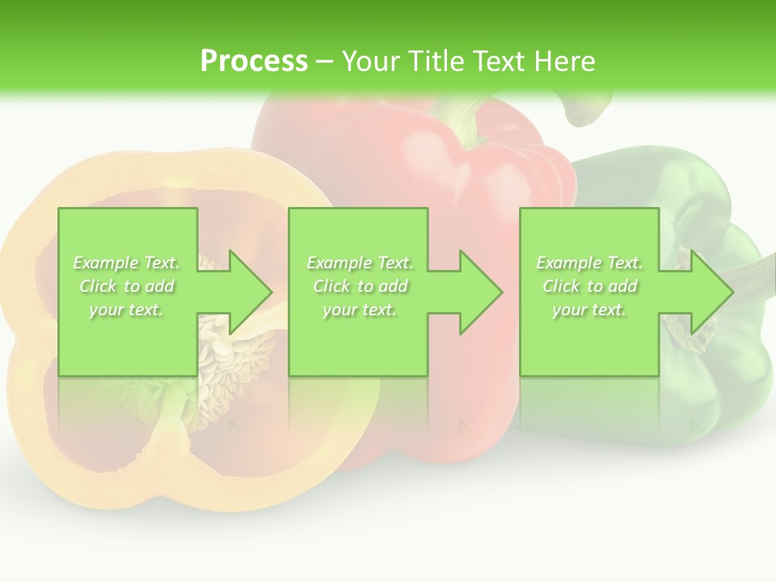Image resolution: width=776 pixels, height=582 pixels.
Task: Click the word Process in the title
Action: [254, 61]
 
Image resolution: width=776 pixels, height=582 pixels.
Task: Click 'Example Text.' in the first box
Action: [127, 263]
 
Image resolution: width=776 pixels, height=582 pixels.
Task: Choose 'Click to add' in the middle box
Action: [360, 286]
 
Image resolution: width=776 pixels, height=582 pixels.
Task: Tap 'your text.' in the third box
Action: [589, 310]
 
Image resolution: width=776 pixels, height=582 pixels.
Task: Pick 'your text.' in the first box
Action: [127, 310]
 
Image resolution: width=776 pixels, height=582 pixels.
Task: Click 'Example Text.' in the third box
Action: [589, 263]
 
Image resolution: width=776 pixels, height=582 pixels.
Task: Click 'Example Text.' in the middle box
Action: [360, 263]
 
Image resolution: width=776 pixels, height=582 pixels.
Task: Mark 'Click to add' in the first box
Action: [127, 286]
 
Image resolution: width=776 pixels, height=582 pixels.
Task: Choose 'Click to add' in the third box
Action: [589, 286]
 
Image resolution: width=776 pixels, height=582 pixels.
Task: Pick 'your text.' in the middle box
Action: [360, 310]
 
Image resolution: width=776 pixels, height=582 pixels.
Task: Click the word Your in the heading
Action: [370, 61]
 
